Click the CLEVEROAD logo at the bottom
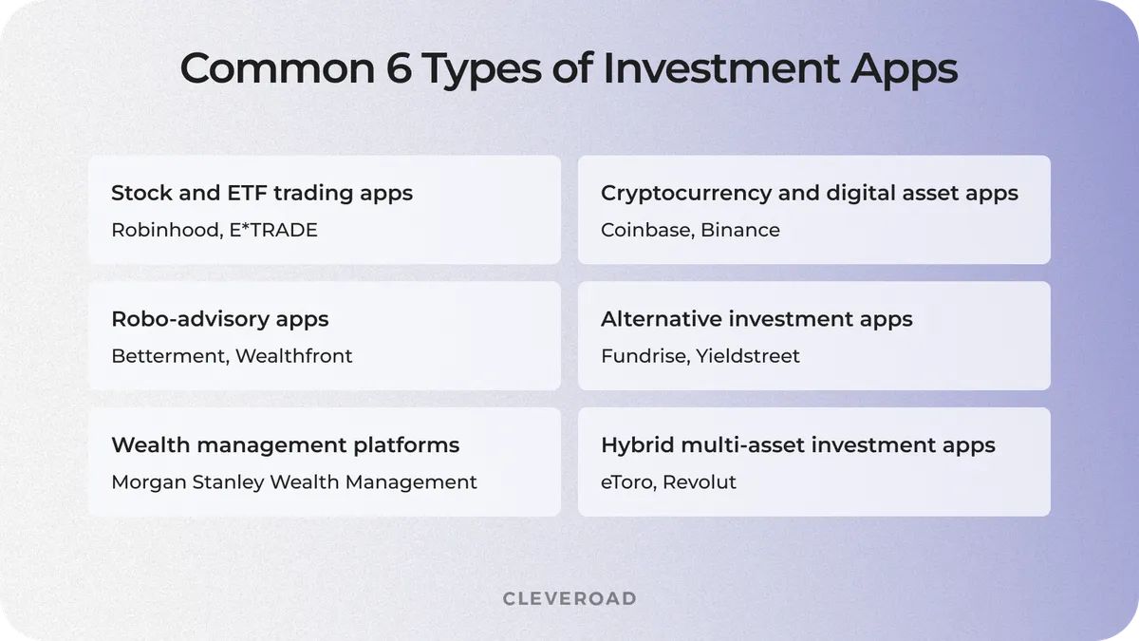pos(569,598)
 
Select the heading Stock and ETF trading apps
pos(262,193)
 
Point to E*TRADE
pos(273,230)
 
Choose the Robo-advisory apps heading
pos(220,319)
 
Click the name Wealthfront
pos(293,356)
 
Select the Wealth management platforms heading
pos(285,444)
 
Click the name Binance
pos(740,230)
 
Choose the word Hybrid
pos(632,444)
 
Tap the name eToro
pos(626,482)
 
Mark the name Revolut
pos(700,482)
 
